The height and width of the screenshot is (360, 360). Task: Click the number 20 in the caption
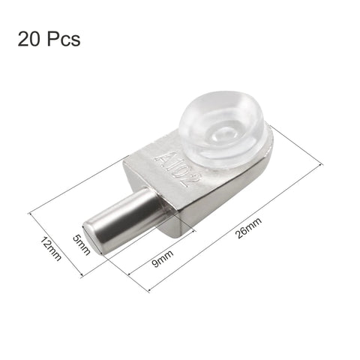point(31,38)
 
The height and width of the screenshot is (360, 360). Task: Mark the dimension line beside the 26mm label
point(225,210)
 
